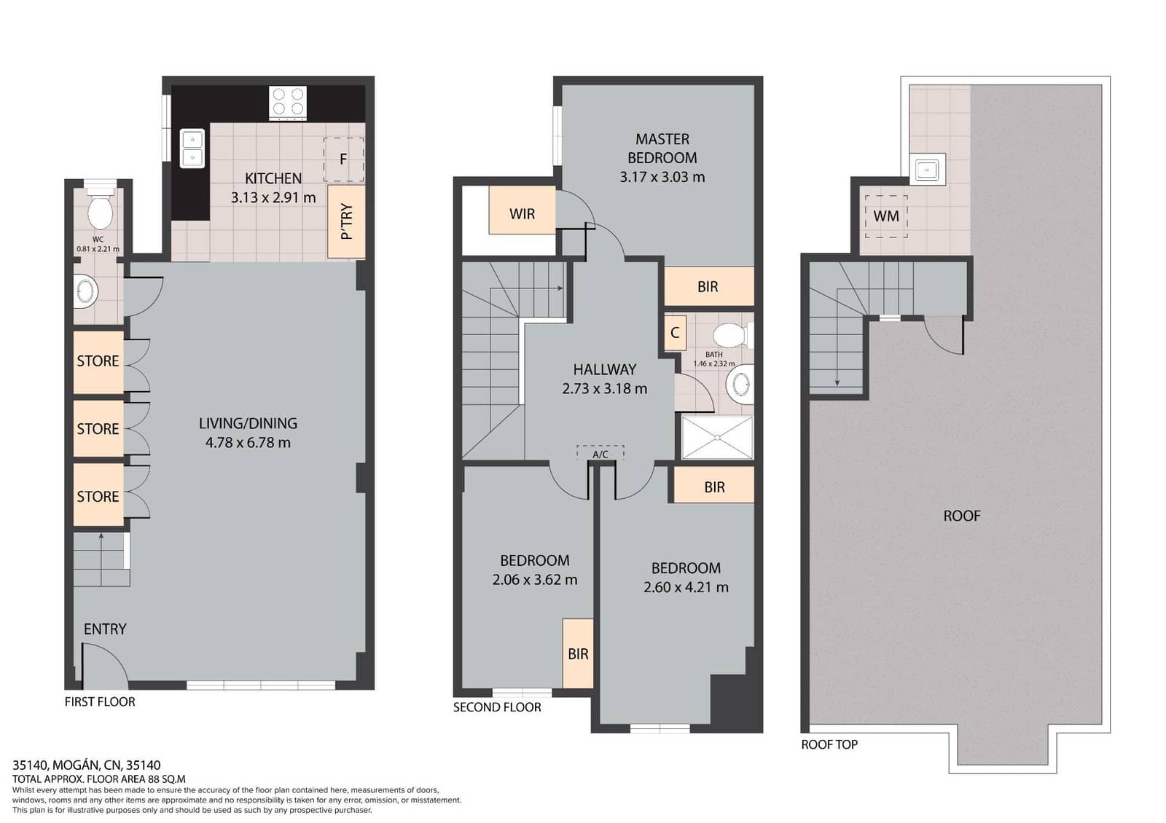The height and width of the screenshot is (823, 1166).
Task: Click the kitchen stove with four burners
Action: click(288, 102)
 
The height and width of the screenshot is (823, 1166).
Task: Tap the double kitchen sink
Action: click(192, 148)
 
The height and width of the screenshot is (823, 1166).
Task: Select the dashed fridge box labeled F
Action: click(343, 159)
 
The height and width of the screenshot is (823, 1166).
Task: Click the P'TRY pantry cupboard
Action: click(346, 221)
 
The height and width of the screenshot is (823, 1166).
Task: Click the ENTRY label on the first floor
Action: click(105, 629)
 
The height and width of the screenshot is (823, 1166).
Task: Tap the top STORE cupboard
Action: click(98, 361)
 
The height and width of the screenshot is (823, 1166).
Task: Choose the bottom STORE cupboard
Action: click(98, 496)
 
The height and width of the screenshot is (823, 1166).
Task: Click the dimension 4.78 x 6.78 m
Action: click(248, 443)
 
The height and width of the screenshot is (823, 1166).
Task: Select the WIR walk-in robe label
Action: click(522, 213)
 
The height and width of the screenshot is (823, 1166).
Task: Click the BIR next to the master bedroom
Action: click(708, 286)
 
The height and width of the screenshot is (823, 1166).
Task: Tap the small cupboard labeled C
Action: click(675, 333)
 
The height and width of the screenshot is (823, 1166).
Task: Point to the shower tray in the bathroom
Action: click(717, 437)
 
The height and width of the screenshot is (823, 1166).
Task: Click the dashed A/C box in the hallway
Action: click(600, 453)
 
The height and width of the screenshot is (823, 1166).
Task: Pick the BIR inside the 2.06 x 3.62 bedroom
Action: click(578, 653)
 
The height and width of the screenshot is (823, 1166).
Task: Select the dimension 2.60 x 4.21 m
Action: click(686, 587)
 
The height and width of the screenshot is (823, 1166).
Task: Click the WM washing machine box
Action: click(886, 216)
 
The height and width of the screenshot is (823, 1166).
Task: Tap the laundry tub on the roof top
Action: click(928, 170)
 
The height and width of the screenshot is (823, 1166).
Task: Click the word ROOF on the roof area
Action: click(961, 516)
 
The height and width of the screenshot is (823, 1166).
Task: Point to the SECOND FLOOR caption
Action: click(497, 707)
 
